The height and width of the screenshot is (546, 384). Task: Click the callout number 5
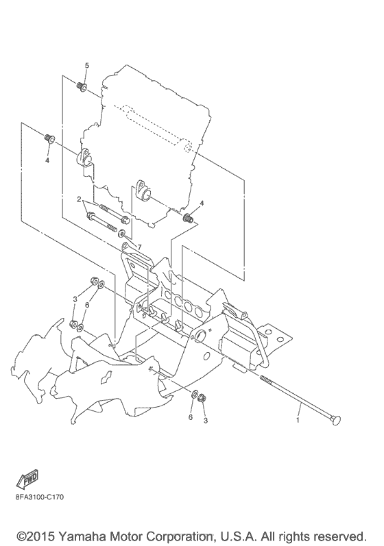[86, 65]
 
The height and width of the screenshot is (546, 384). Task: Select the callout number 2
[80, 199]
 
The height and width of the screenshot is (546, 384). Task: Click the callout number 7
[138, 247]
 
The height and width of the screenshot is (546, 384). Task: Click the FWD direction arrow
[29, 477]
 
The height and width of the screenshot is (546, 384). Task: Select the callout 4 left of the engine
[48, 160]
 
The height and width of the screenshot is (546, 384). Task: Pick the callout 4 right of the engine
[202, 203]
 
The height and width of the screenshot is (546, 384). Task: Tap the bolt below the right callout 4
[187, 219]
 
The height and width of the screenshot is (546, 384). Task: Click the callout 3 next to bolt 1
[204, 421]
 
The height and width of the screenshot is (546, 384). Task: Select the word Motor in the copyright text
[123, 534]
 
